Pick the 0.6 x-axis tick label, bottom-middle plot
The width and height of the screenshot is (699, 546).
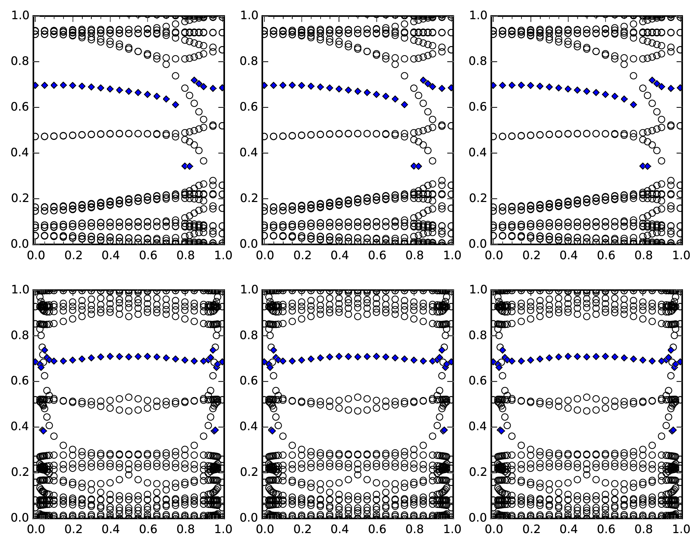pyautogui.click(x=376, y=529)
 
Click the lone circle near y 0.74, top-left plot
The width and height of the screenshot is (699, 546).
pyautogui.click(x=175, y=76)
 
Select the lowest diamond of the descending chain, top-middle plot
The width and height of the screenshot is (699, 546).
pyautogui.click(x=404, y=105)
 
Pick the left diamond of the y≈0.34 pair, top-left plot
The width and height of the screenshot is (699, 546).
pyautogui.click(x=185, y=166)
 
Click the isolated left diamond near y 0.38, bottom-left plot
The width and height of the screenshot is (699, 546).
pyautogui.click(x=43, y=431)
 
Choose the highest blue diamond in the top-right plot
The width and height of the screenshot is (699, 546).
pyautogui.click(x=652, y=80)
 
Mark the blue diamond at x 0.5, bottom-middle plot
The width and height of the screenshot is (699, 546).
pyautogui.click(x=358, y=357)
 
